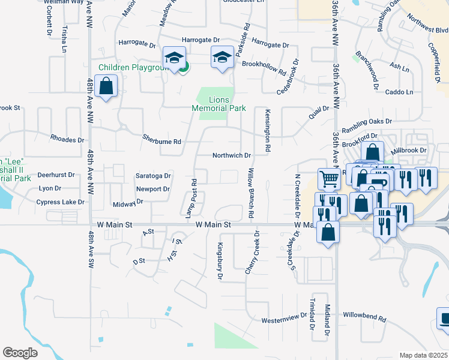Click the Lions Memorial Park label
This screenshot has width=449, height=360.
click(219, 104)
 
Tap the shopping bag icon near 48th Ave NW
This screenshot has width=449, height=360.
click(106, 86)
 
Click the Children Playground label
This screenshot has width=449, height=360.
click(133, 68)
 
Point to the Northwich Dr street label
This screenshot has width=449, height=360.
click(231, 155)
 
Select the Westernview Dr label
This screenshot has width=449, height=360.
click(284, 319)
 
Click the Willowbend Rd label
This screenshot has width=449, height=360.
click(364, 314)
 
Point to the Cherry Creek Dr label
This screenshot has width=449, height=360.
click(252, 253)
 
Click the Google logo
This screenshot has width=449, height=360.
click(20, 352)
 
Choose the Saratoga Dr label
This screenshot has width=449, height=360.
click(154, 176)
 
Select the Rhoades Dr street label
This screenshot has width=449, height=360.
click(67, 139)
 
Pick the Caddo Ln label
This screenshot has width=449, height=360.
click(399, 92)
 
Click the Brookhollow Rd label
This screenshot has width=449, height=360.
click(264, 68)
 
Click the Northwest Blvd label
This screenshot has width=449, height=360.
click(427, 31)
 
